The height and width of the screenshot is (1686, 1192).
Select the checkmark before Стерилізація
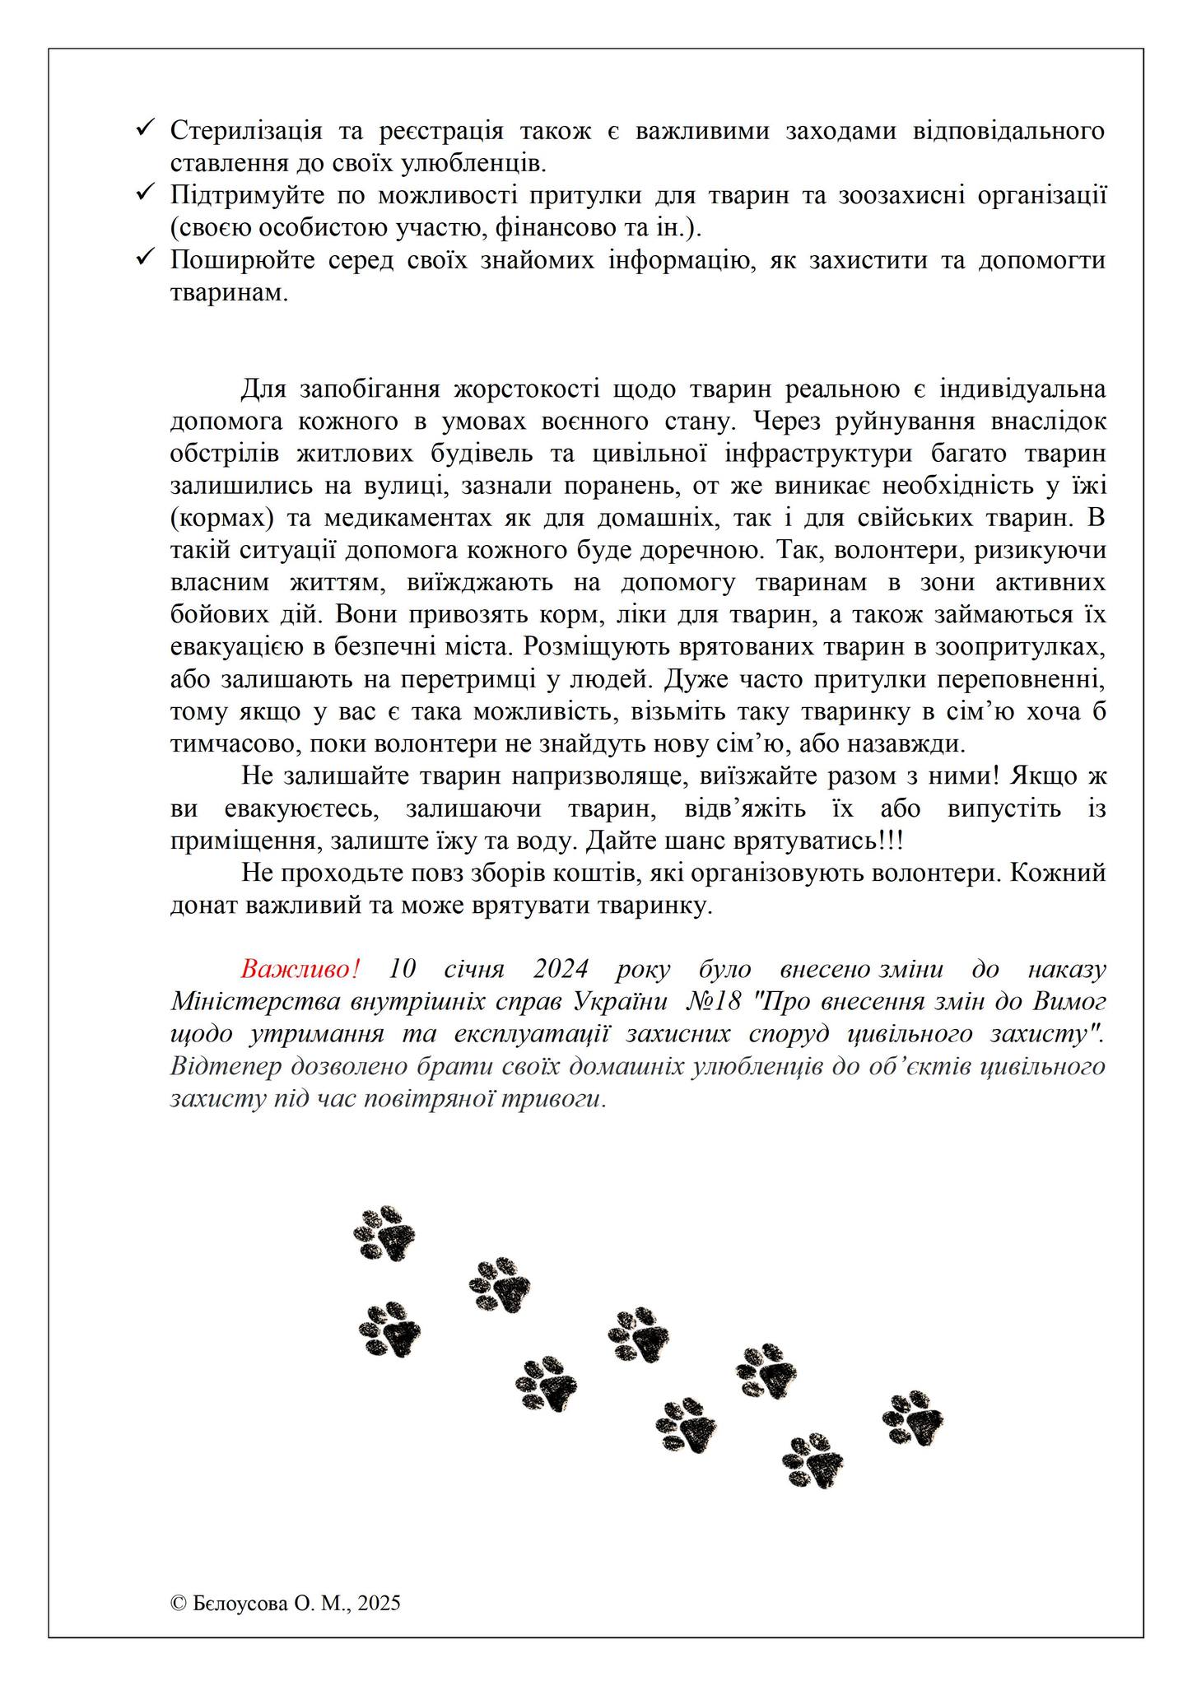145,128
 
